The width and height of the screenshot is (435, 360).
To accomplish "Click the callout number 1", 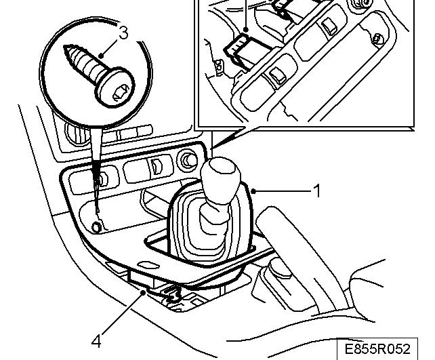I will (x=315, y=191).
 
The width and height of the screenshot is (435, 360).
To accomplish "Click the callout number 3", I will (x=123, y=33).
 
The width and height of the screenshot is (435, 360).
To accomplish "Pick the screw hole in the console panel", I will (x=96, y=226).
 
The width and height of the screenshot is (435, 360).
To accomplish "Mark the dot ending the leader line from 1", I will (x=252, y=192).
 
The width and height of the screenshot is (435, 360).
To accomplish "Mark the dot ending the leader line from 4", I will (x=144, y=292).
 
